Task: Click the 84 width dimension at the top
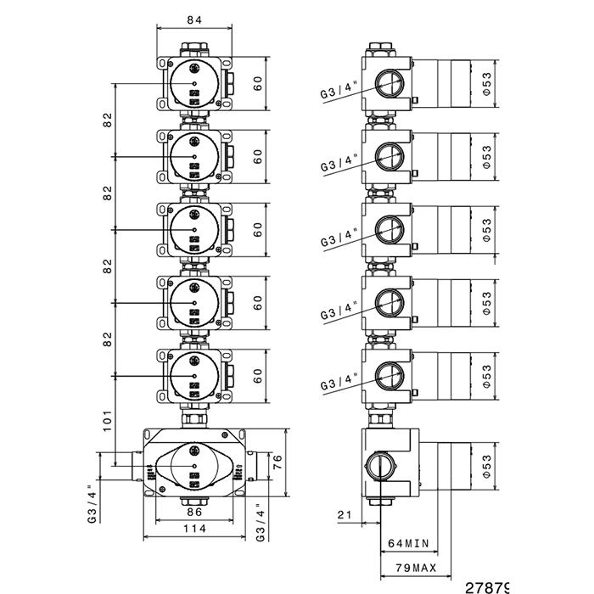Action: coord(194,20)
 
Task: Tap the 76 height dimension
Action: coord(276,462)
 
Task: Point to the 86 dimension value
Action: coord(193,513)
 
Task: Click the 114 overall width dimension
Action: coord(194,529)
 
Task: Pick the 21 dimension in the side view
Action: coord(345,514)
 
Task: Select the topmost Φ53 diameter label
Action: coord(486,83)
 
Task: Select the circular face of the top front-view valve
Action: coord(193,83)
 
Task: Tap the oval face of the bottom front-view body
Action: coord(193,467)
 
